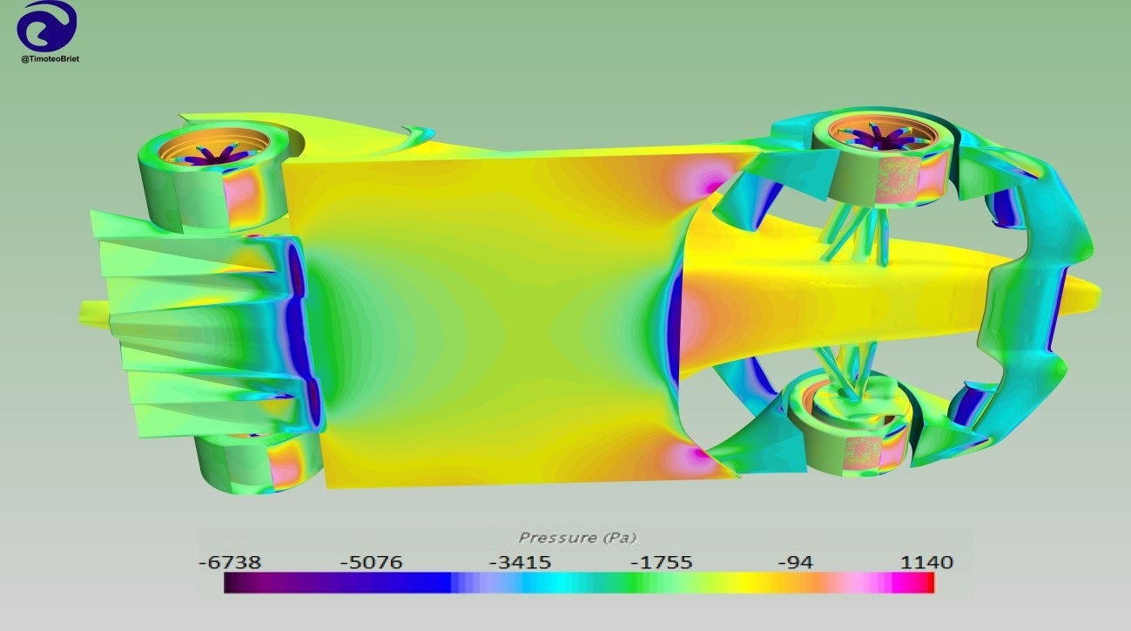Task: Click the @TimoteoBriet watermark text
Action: (50, 59)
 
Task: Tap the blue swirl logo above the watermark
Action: (47, 26)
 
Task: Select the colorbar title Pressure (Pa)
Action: (578, 538)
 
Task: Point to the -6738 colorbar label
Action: (230, 562)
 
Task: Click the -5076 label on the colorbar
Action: (372, 562)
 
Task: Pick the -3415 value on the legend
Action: (520, 562)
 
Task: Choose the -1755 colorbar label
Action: (662, 562)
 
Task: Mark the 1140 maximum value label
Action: (927, 562)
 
